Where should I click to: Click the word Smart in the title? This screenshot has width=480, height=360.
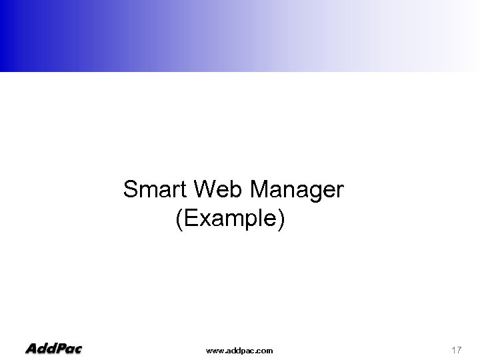(x=153, y=191)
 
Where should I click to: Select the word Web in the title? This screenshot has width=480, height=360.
(x=215, y=191)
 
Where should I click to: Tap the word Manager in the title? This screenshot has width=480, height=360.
(x=297, y=191)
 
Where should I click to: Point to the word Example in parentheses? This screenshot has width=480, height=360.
(x=231, y=219)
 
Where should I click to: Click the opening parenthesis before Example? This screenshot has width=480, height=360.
(x=179, y=219)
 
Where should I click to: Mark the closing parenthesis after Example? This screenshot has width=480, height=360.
(x=282, y=219)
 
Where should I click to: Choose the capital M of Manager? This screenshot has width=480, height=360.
(x=259, y=191)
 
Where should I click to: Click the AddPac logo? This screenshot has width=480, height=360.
(x=53, y=348)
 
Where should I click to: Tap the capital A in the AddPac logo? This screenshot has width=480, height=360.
(x=31, y=348)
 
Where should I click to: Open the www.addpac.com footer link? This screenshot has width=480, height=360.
(x=239, y=349)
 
